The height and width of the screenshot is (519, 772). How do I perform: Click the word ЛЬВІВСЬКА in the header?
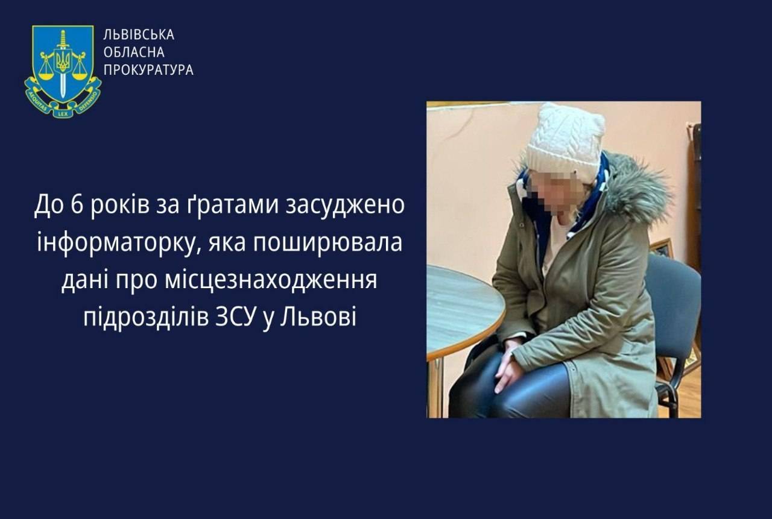139,35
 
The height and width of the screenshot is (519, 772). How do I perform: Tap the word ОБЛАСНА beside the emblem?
134,52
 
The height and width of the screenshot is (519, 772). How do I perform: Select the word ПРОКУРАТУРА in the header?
148,70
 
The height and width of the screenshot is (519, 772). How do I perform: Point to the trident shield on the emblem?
62,60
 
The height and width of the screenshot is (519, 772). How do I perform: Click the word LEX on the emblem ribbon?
63,112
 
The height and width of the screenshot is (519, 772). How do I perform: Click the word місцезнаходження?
271,281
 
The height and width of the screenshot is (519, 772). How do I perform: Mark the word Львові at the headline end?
318,318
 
